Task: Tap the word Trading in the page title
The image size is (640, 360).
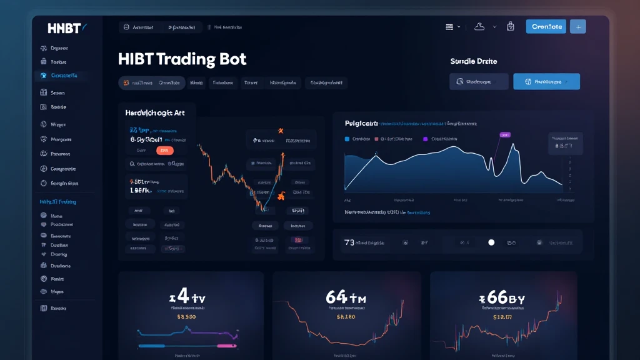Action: click(184, 59)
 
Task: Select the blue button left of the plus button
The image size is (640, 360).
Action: click(546, 26)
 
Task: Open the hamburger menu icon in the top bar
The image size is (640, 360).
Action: click(449, 27)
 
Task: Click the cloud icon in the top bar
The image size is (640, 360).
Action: click(480, 26)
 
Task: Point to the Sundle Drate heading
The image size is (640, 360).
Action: click(474, 61)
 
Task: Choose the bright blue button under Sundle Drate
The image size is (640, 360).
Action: click(546, 81)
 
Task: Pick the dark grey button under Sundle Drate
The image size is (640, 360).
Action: click(479, 81)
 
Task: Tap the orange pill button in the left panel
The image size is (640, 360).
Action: click(164, 151)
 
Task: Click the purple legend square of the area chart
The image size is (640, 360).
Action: click(426, 139)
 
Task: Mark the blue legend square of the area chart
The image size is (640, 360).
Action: click(347, 139)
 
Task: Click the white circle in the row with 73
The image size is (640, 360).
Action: click(491, 242)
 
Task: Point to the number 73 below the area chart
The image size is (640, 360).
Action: click(349, 242)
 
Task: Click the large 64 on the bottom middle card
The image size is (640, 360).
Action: click(336, 297)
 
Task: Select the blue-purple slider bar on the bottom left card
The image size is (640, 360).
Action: click(188, 344)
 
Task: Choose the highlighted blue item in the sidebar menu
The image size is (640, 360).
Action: click(60, 76)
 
